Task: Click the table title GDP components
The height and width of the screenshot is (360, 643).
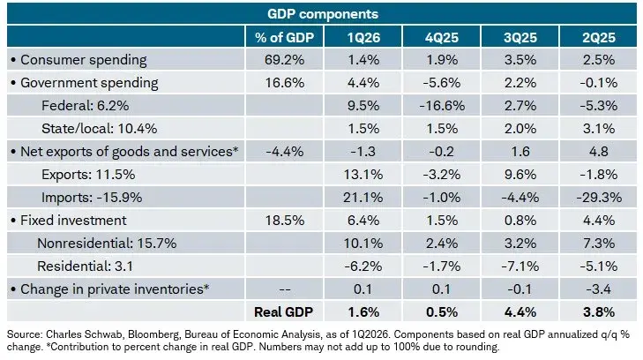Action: tap(322, 14)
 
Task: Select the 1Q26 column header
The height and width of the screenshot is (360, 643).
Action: tap(363, 38)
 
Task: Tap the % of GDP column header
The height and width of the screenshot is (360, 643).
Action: tap(284, 38)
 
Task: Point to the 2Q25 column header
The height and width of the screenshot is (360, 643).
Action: tap(599, 38)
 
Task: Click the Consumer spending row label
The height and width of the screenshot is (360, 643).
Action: tap(83, 60)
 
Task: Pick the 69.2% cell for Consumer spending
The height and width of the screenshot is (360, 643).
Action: tap(284, 60)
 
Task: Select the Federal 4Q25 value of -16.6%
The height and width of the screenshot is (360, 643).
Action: tap(442, 106)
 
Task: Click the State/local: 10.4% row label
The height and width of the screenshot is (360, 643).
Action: tap(100, 129)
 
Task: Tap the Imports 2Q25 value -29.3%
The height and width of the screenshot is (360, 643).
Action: tap(599, 198)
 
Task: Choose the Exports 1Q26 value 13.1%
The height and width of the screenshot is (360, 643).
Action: tap(363, 175)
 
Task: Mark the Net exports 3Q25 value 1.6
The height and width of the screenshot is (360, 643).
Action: tap(520, 152)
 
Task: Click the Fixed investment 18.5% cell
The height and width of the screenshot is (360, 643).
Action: tap(285, 221)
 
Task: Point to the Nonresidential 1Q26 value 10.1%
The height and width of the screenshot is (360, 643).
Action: tap(363, 244)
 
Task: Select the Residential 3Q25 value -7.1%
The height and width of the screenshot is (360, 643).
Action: tap(520, 266)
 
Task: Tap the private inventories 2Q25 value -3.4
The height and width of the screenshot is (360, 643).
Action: tap(599, 289)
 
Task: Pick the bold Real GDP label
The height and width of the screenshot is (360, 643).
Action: tap(283, 312)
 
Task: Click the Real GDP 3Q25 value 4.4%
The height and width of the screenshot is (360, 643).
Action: tap(520, 312)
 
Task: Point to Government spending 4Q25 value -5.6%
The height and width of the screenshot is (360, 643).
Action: tap(442, 83)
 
